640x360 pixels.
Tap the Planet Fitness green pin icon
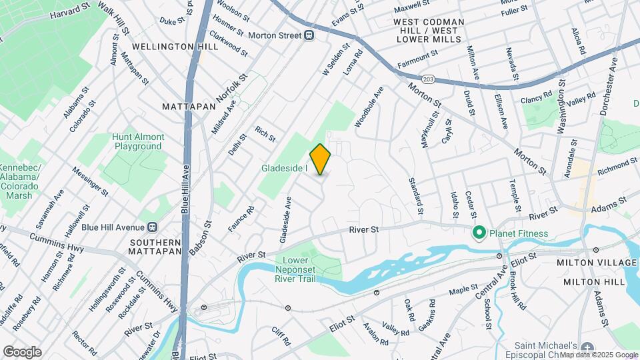[478, 233]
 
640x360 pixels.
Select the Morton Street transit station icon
[309, 35]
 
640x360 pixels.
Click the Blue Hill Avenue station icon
[153, 227]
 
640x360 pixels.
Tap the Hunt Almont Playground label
[138, 141]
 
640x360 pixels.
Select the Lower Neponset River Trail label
[303, 269]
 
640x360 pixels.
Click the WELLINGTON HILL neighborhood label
[175, 47]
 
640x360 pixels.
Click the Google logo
[22, 352]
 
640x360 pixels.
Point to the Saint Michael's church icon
[587, 347]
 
